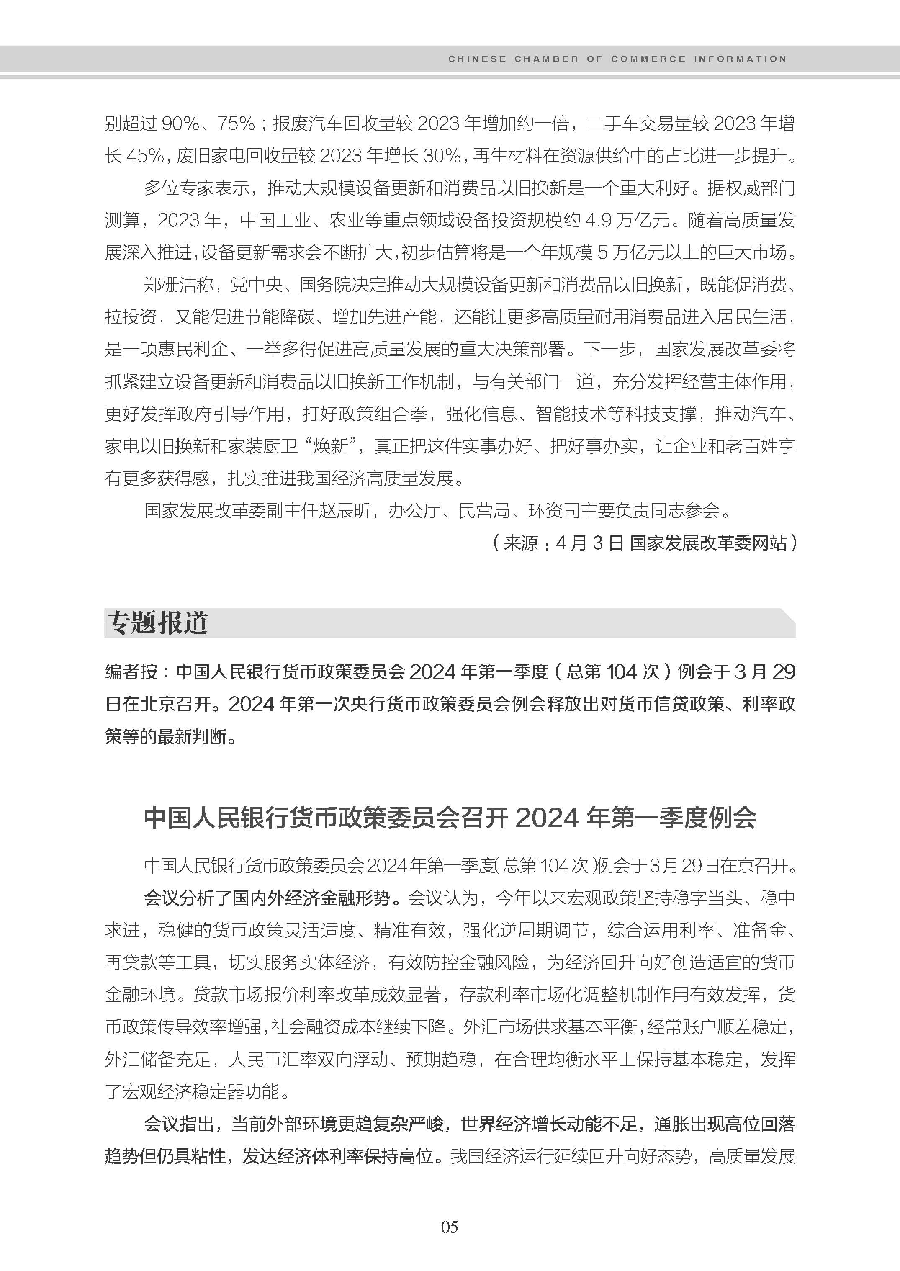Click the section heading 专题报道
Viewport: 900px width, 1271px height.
pyautogui.click(x=157, y=623)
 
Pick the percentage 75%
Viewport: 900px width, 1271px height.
pyautogui.click(x=236, y=123)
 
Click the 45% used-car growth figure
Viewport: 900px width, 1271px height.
pyautogui.click(x=145, y=156)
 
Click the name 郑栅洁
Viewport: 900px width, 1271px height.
pyautogui.click(x=170, y=285)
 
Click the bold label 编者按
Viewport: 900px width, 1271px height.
pyautogui.click(x=132, y=672)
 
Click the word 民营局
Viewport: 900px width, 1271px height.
pyautogui.click(x=484, y=510)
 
